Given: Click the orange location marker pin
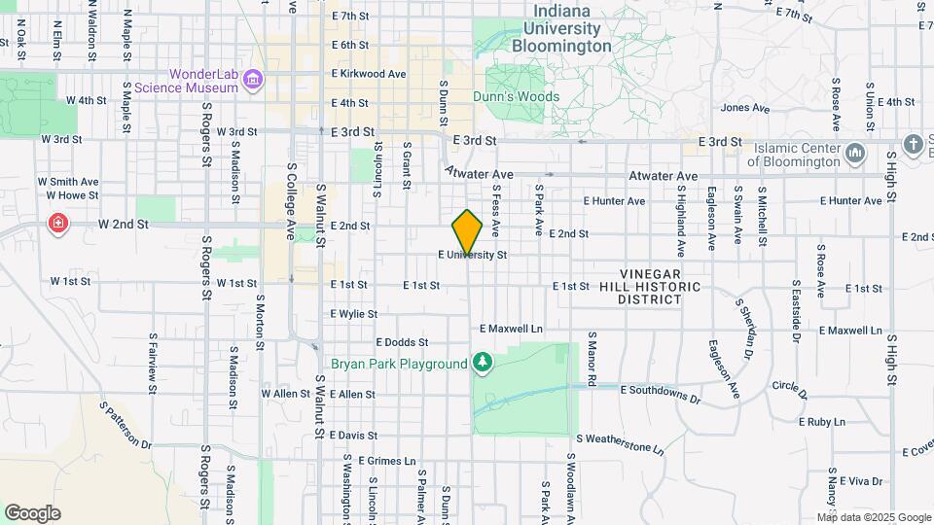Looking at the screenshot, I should click(x=468, y=231).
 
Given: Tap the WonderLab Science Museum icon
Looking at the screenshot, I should click(x=253, y=79).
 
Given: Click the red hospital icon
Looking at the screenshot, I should click(x=59, y=225).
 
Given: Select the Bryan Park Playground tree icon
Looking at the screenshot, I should click(x=483, y=364).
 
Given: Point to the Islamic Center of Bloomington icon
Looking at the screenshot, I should click(x=856, y=154).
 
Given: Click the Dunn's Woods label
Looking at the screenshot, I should click(x=516, y=97).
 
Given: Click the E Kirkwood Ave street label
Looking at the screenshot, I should click(x=369, y=74).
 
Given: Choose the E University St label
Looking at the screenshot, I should click(x=474, y=256).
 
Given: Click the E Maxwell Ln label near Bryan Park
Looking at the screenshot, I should click(x=510, y=329).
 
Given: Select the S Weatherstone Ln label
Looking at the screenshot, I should click(x=621, y=444).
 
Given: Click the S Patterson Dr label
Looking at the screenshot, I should click(x=126, y=424).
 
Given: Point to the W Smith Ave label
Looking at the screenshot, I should click(x=68, y=181).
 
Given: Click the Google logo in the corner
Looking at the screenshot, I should click(x=32, y=512).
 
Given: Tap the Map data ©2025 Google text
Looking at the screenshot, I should click(x=873, y=517).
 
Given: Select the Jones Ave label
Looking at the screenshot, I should click(x=746, y=108).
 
